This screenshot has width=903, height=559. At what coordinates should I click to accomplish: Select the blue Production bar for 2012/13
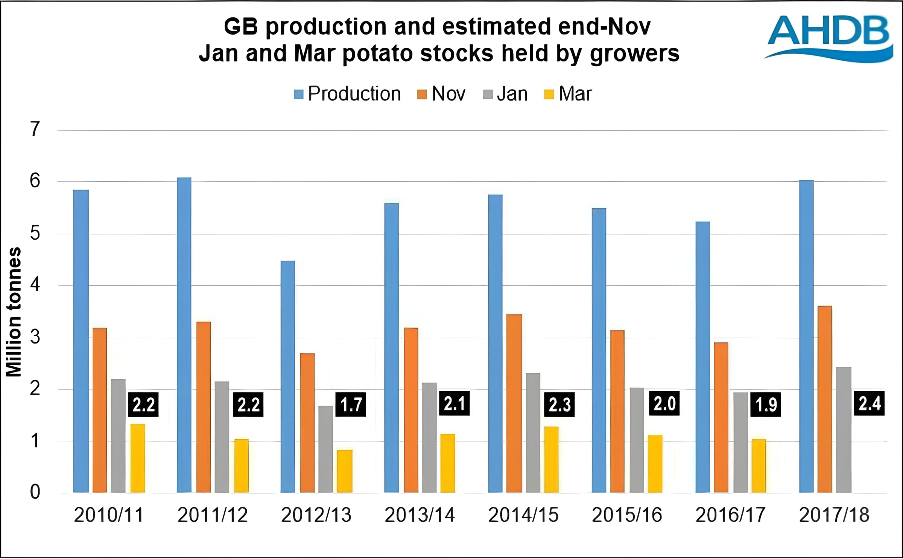click(288, 376)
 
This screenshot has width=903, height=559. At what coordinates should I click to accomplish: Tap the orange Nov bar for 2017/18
click(825, 399)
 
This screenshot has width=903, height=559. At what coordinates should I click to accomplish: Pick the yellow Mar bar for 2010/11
click(138, 458)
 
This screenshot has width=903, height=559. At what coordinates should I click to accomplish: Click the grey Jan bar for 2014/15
click(533, 433)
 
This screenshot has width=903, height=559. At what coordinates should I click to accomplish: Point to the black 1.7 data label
click(351, 405)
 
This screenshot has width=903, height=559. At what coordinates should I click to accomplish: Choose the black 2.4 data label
click(869, 404)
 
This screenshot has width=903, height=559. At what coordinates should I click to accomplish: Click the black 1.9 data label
click(766, 405)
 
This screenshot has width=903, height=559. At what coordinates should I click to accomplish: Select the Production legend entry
click(347, 94)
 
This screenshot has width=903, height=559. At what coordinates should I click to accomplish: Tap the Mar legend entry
click(568, 94)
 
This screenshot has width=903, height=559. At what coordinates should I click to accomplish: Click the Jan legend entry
click(505, 94)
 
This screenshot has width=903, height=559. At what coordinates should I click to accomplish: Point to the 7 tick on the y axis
click(35, 129)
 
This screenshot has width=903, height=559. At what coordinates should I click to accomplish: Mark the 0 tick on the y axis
click(35, 492)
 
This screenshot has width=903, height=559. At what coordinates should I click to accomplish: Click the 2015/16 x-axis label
click(627, 515)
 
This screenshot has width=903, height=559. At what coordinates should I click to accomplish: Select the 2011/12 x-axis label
click(213, 515)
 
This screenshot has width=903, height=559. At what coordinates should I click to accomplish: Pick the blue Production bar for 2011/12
click(184, 335)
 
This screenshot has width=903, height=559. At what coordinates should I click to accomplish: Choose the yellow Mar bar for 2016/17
click(759, 466)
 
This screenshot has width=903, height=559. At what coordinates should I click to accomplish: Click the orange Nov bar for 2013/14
click(411, 410)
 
